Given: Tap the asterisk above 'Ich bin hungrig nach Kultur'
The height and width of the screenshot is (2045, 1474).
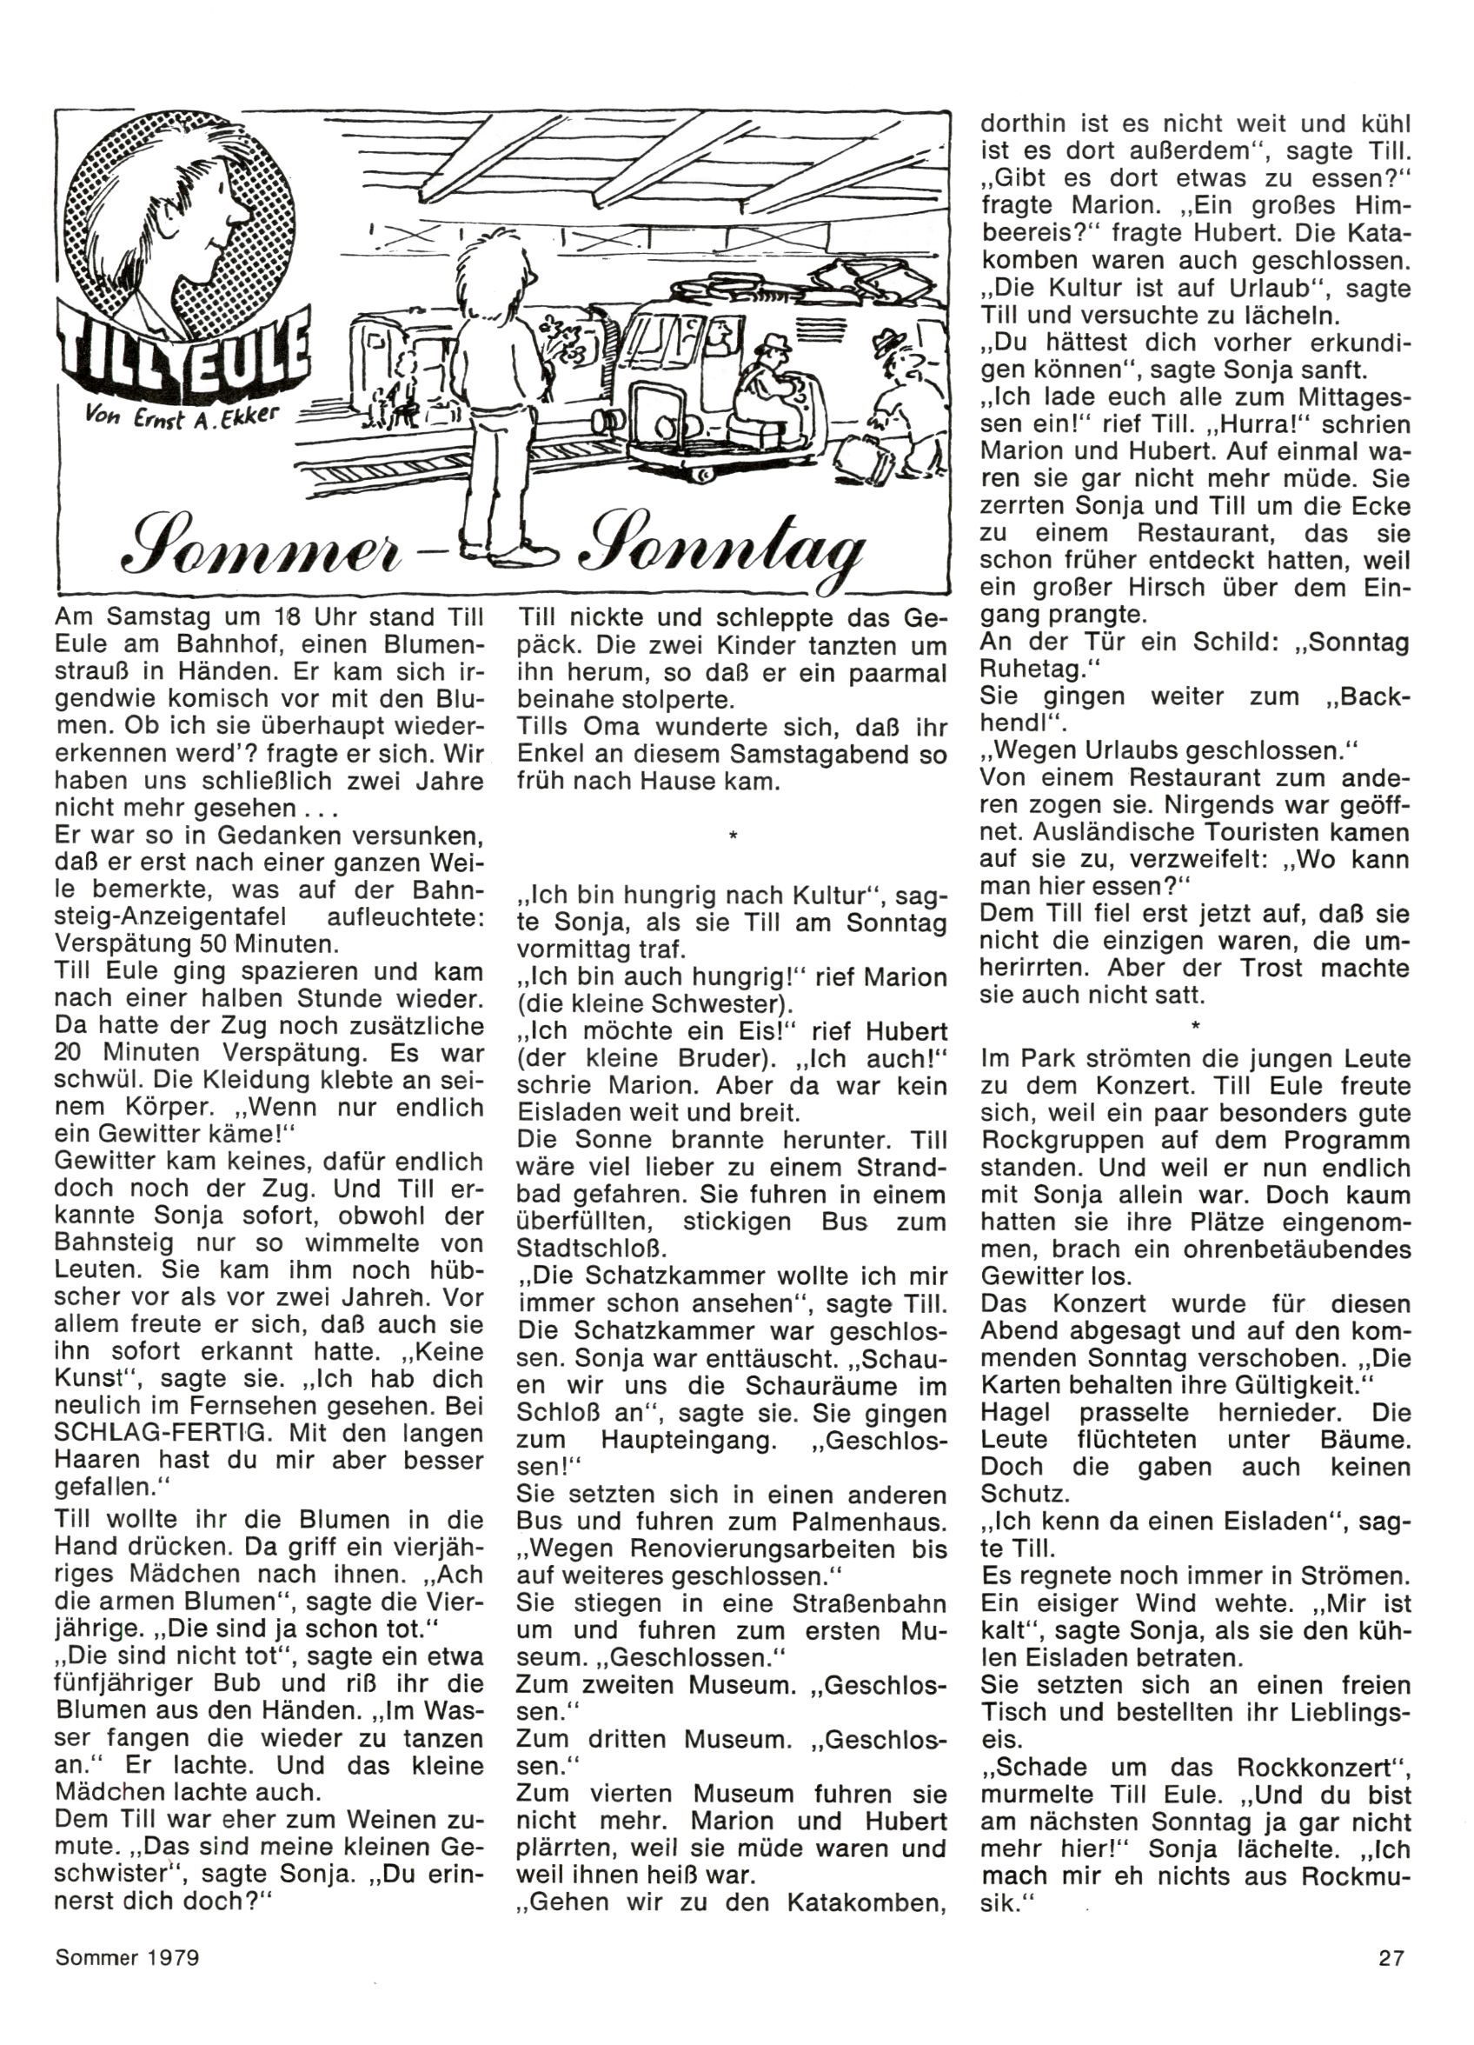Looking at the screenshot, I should pos(733,837).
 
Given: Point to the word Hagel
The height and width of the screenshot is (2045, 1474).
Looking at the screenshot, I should pos(1017,1412).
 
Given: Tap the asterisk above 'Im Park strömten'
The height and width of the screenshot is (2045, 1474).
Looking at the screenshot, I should pos(1195,1025).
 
